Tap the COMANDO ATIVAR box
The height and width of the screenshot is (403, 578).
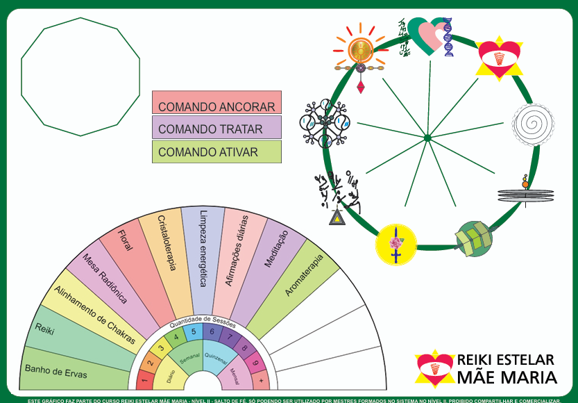216,151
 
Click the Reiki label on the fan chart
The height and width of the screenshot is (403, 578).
44,329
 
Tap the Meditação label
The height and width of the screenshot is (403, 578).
275,250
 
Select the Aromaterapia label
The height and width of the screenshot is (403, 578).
305,275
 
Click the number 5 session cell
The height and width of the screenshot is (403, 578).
194,331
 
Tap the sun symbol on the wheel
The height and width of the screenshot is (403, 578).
359,49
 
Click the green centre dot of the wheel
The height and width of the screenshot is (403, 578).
427,138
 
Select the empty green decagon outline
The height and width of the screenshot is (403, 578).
80,76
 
